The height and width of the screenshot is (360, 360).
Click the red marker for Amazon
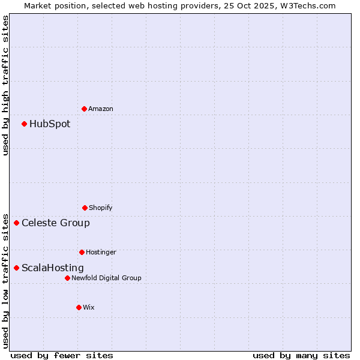pyautogui.click(x=84, y=109)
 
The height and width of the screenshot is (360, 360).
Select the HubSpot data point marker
pyautogui.click(x=24, y=124)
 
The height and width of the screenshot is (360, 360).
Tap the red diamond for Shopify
pyautogui.click(x=85, y=208)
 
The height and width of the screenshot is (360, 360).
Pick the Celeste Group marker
pyautogui.click(x=16, y=223)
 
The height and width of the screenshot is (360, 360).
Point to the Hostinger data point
pyautogui.click(x=82, y=252)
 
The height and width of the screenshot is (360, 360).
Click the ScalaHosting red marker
pyautogui.click(x=16, y=268)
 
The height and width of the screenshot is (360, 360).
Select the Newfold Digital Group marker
pyautogui.click(x=67, y=278)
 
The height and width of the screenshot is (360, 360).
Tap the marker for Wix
pyautogui.click(x=79, y=307)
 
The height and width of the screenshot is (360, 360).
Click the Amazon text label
pyautogui.click(x=101, y=109)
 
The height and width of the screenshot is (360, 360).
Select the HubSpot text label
pyautogui.click(x=50, y=124)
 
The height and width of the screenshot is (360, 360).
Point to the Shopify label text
pyautogui.click(x=101, y=208)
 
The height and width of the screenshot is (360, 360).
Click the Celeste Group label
pyautogui.click(x=56, y=223)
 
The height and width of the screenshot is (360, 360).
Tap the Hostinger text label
pyautogui.click(x=101, y=252)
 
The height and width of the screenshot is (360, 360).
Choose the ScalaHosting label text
pyautogui.click(x=53, y=268)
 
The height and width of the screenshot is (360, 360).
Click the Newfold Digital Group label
pyautogui.click(x=107, y=278)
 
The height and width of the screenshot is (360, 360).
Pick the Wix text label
pyautogui.click(x=89, y=307)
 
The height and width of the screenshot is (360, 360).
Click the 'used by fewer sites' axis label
pyautogui.click(x=62, y=355)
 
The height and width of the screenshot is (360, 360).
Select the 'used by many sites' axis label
pyautogui.click(x=301, y=355)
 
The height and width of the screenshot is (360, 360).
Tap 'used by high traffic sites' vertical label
pyautogui.click(x=5, y=85)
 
